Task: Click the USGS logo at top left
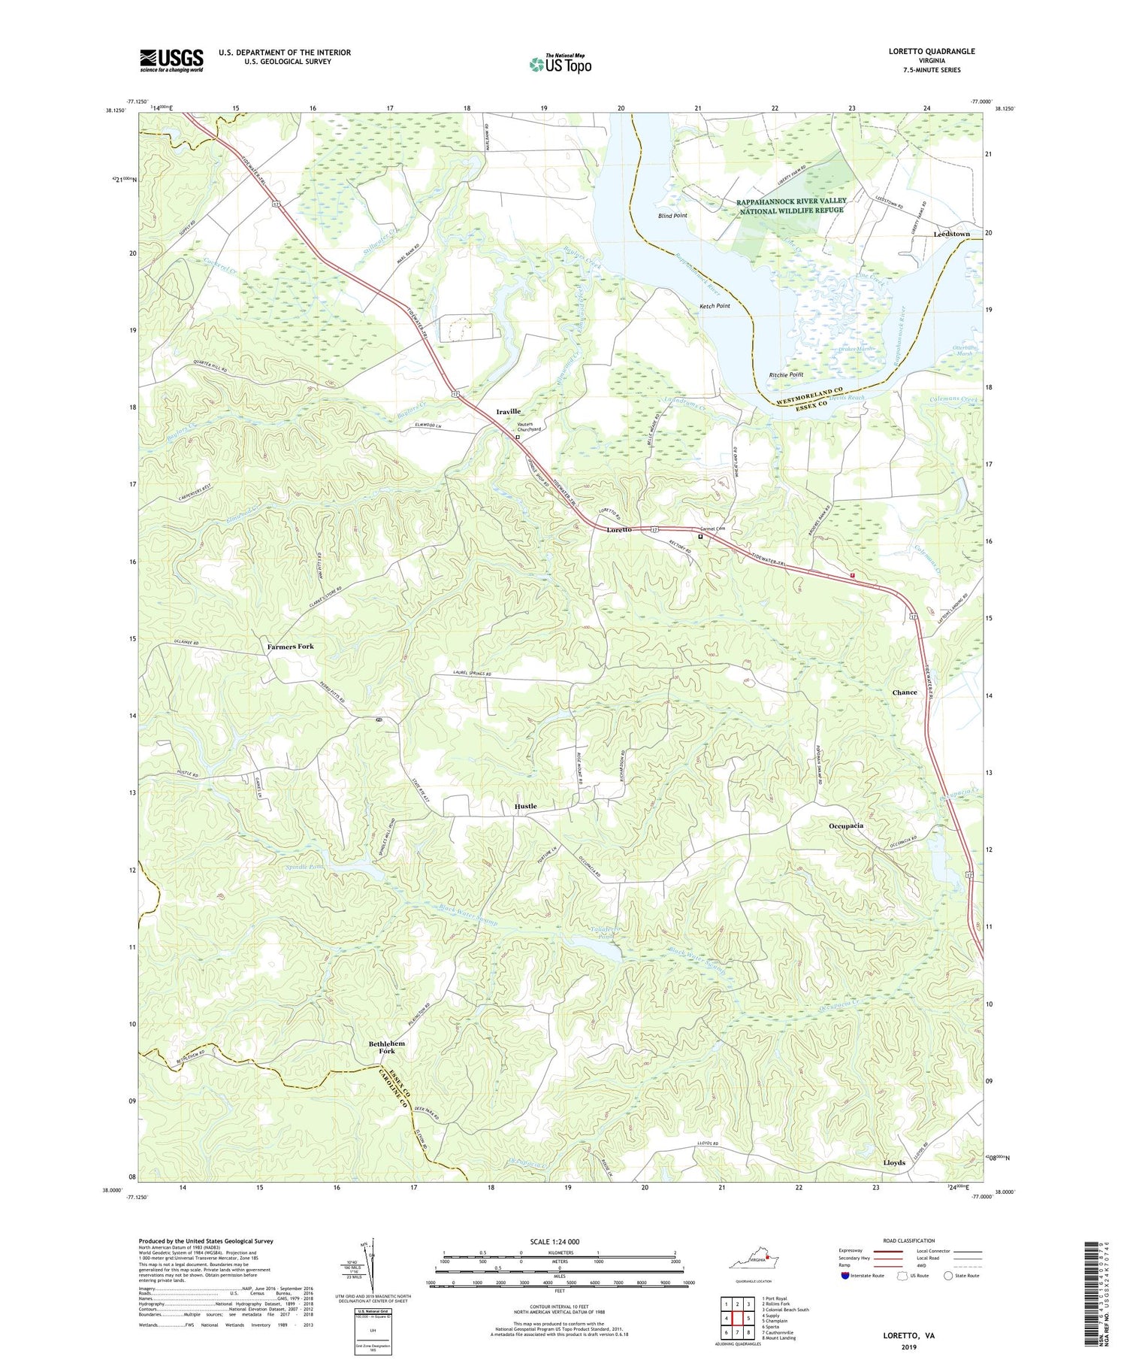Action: coord(171,60)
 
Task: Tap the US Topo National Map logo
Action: coord(560,64)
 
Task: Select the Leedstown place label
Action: coord(950,234)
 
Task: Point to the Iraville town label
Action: coord(509,411)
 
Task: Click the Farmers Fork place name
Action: coord(290,647)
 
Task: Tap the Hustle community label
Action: coord(525,806)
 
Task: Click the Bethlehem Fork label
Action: coord(387,1047)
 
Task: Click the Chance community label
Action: coord(904,692)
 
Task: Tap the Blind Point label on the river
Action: coord(672,216)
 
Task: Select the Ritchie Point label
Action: coord(786,374)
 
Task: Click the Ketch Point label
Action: coord(715,306)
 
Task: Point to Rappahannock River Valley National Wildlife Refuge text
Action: coord(790,205)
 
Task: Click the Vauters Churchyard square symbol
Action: coord(517,437)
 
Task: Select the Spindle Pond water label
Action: coord(301,867)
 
